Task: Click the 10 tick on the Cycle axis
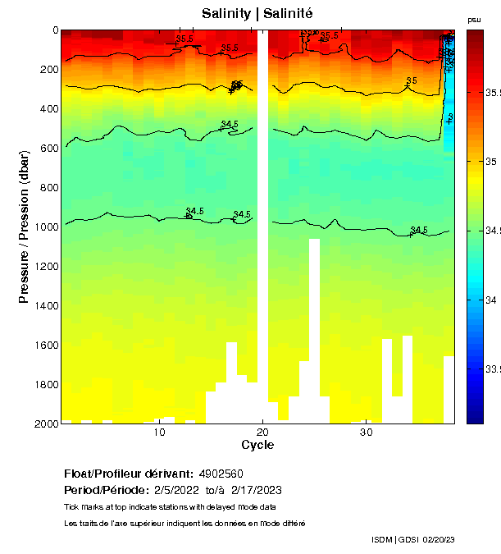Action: [160, 432]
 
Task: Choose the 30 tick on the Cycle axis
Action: [367, 432]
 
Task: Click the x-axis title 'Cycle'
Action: [257, 445]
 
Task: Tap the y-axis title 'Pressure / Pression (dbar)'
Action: [24, 227]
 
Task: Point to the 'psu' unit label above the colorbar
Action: [474, 19]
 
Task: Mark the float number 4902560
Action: [221, 474]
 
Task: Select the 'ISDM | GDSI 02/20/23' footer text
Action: [412, 539]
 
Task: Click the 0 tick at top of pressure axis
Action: [55, 30]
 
